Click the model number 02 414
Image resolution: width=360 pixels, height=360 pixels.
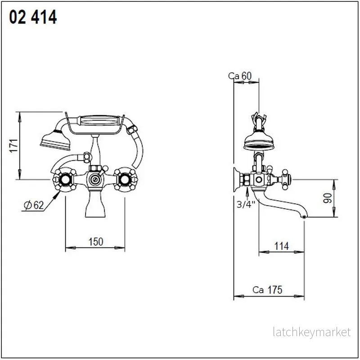tap(33, 17)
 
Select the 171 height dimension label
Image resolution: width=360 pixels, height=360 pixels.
tap(14, 145)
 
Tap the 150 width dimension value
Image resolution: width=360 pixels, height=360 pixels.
tap(96, 242)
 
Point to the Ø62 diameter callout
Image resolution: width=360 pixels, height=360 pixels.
tap(33, 205)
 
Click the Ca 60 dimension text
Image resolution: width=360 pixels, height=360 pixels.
tap(240, 76)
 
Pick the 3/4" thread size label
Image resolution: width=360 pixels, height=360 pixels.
tap(246, 204)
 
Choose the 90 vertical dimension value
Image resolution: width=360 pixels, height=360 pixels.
tap(328, 198)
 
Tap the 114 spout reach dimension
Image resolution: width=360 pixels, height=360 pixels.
tap(282, 246)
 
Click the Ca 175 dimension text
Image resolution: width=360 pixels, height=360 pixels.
tap(267, 290)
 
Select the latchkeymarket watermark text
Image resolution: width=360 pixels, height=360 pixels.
tap(312, 332)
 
